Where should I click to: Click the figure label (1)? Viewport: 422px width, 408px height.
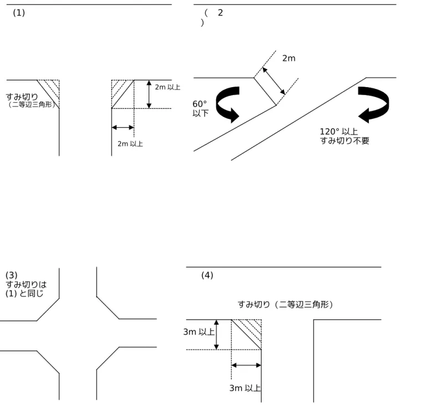pos(19,13)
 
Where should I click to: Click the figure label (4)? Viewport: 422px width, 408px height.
pos(207,275)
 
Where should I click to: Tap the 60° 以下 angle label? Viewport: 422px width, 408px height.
pos(200,108)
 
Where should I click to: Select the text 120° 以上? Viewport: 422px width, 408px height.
pos(339,132)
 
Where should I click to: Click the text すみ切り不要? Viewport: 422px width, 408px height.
pos(344,140)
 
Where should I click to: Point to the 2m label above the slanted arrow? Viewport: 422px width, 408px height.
pos(289,58)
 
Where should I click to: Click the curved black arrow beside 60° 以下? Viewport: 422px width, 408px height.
pos(228,104)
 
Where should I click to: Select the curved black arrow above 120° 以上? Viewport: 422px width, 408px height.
pos(374,104)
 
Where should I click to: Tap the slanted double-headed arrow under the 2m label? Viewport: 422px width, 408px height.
pos(274,81)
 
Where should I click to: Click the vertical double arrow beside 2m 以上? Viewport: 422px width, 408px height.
pos(149,94)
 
